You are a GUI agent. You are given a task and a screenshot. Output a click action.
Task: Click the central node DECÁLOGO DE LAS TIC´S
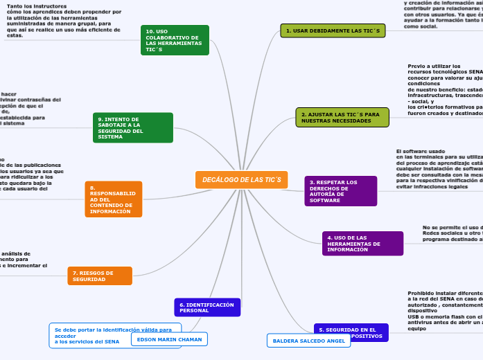point(241,179)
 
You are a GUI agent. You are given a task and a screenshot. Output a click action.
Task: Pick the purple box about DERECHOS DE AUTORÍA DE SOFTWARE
point(340,191)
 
